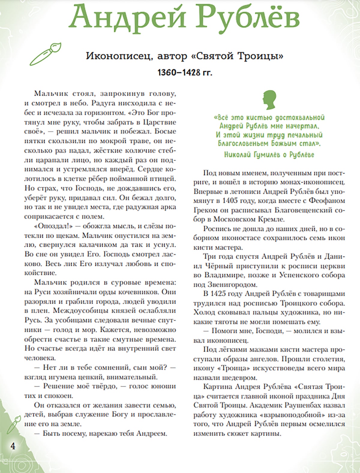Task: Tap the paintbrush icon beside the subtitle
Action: (x=45, y=54)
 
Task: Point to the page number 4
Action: (x=13, y=445)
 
